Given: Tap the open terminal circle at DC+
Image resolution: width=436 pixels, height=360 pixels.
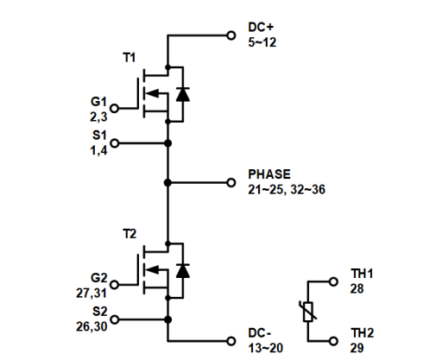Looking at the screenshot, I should click(x=231, y=35).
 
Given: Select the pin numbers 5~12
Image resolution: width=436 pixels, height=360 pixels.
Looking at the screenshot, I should click(x=262, y=42).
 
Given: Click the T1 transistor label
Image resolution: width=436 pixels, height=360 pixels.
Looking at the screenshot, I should click(x=130, y=58).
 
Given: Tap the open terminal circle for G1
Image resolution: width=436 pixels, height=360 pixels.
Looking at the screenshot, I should click(x=115, y=108).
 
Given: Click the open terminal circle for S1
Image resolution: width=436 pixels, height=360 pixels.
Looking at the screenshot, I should click(x=115, y=143).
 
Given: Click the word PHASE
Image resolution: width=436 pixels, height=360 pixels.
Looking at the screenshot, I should click(x=269, y=174).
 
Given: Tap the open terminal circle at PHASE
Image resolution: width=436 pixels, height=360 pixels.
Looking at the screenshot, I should click(x=231, y=183).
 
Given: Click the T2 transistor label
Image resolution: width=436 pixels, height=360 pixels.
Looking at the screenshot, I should click(x=130, y=235).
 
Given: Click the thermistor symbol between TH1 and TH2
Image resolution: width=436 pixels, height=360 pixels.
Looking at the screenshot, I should click(x=308, y=311).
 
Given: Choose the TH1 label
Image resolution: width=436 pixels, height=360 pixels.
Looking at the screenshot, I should click(x=362, y=272).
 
